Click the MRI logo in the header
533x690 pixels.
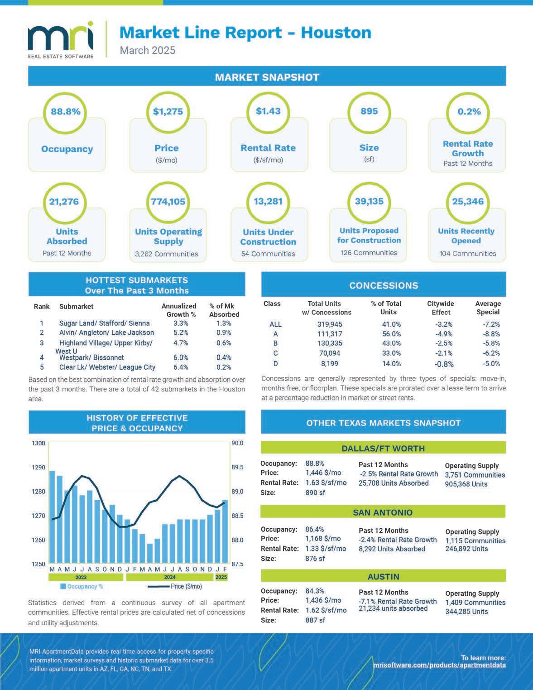61,39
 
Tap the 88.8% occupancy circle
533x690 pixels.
66,111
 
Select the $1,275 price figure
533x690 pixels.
168,111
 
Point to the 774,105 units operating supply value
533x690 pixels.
168,202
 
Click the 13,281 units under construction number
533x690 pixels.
268,201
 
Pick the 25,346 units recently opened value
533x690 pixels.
468,201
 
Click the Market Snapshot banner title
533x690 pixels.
267,77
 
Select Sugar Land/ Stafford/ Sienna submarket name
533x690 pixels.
104,323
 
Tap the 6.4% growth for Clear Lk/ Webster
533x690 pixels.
181,367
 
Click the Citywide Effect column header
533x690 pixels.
441,308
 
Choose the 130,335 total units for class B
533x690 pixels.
330,343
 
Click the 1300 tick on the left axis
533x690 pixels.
38,443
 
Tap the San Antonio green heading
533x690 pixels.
383,512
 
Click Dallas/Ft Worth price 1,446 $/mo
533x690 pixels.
323,473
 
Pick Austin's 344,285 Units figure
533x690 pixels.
466,612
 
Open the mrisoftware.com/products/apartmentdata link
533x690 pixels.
439,665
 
